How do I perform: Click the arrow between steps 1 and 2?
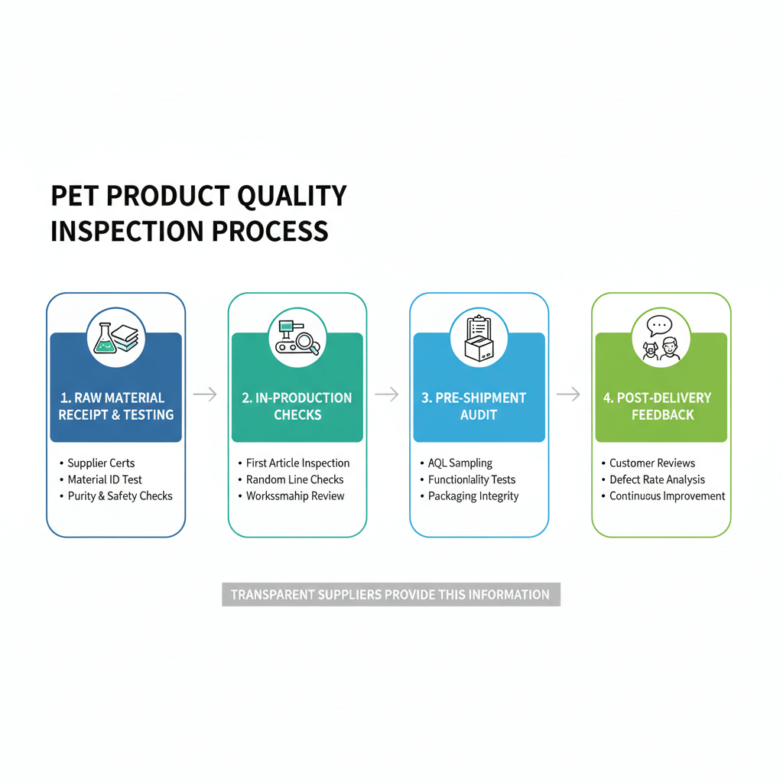205,394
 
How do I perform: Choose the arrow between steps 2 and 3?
387,394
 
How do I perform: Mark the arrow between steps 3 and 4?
568,394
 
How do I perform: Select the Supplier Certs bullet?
101,463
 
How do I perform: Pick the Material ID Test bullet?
105,479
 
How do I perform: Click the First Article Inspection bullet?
297,463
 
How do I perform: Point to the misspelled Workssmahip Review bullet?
295,496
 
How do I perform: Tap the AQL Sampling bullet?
460,463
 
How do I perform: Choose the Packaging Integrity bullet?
473,496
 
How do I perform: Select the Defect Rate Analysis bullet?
657,479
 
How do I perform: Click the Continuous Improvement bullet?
667,496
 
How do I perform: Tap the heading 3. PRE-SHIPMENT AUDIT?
479,406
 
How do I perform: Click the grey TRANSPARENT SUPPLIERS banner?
391,595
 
